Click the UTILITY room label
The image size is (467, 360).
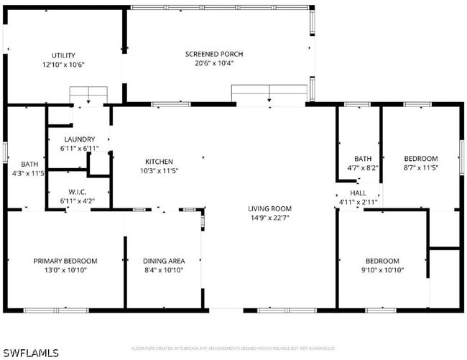coord(63,55)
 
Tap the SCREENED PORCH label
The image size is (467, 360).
coord(214,54)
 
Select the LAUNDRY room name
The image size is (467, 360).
coord(79,139)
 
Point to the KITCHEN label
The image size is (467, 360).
coord(159,162)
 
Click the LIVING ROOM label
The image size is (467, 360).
coord(270,209)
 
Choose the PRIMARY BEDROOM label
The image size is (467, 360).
coord(65,261)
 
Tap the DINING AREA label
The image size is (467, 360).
coord(165,261)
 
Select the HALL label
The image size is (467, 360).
coord(358,193)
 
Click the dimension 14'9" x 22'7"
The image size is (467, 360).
coord(270,218)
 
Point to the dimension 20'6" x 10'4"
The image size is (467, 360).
coord(214,63)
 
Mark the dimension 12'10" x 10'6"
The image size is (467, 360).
coord(63,65)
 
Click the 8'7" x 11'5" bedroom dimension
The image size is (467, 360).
coord(420,167)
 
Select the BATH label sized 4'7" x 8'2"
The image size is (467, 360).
coord(363,159)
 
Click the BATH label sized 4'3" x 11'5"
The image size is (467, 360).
coord(29,164)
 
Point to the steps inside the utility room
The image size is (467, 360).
coord(88,96)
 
